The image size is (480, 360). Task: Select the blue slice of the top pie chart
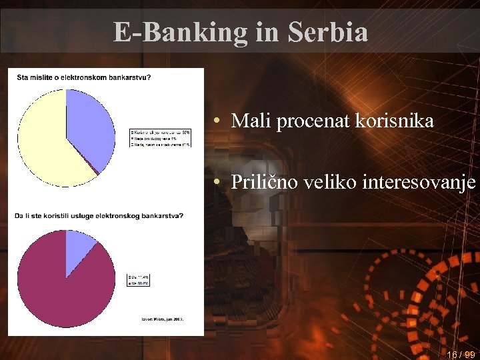[x=87, y=127]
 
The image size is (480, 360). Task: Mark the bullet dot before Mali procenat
[x=218, y=122]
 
